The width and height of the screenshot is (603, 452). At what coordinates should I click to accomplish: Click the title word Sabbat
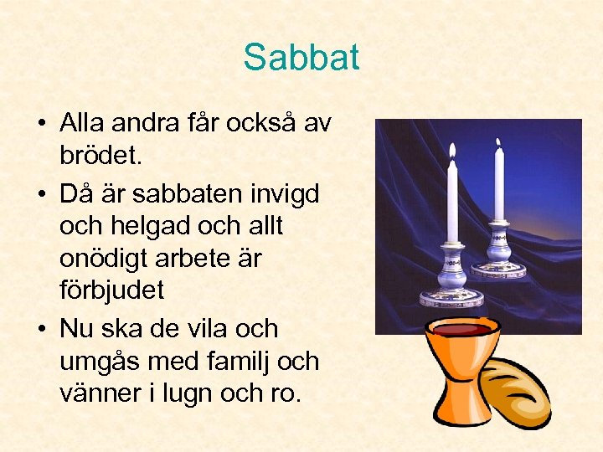[x=301, y=58]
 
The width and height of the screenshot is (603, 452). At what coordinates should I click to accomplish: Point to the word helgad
[x=157, y=226]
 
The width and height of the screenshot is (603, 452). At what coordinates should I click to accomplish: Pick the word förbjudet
[x=111, y=290]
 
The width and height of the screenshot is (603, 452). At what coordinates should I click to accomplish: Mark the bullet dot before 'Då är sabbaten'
[x=41, y=195]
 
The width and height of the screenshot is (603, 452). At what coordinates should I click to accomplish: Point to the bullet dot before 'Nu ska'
[x=41, y=330]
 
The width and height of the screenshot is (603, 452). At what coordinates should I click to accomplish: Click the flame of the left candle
[x=452, y=151]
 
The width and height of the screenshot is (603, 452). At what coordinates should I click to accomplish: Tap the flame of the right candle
[x=498, y=145]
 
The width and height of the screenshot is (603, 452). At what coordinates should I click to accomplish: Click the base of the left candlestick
[x=451, y=295]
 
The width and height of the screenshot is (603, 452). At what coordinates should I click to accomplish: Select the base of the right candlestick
[x=499, y=268]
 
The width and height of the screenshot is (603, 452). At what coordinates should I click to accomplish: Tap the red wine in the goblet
[x=461, y=327]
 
